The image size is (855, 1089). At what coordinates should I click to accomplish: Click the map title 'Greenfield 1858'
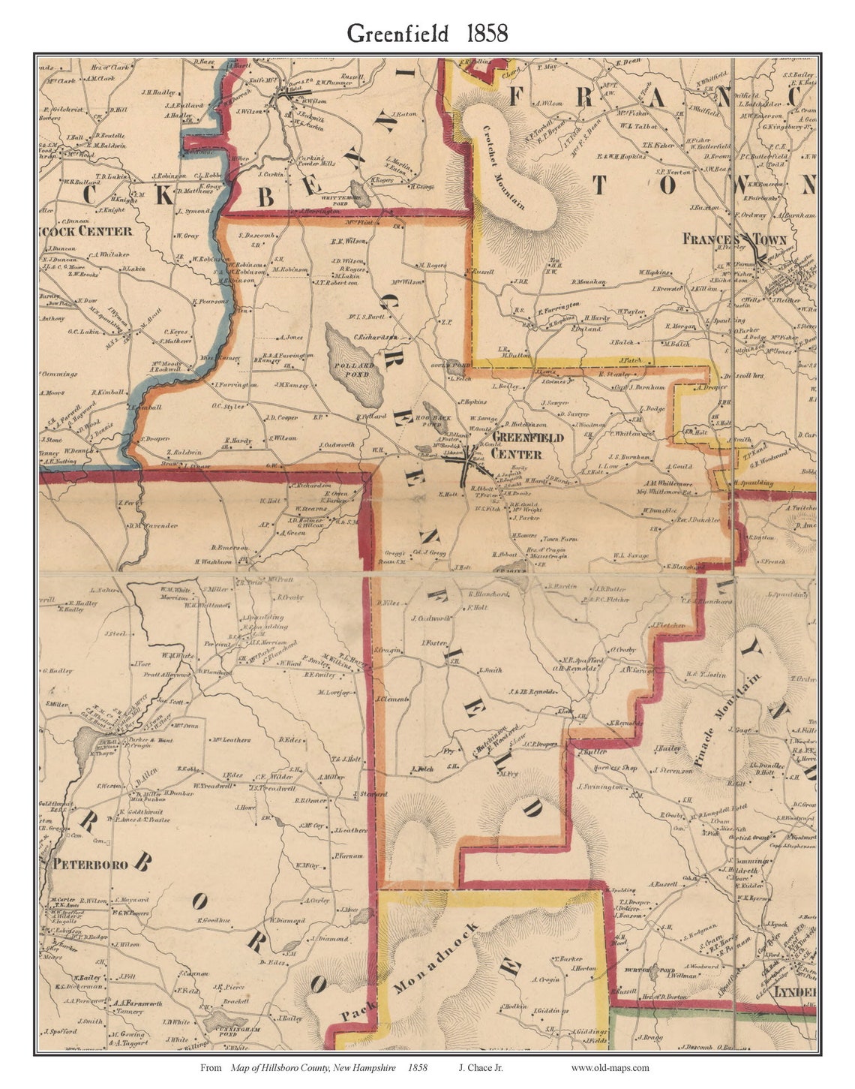(427, 34)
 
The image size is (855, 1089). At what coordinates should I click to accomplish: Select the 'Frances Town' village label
(733, 239)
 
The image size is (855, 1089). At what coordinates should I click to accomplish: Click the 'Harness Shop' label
(592, 769)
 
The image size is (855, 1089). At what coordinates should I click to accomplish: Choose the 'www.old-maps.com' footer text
(610, 1067)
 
